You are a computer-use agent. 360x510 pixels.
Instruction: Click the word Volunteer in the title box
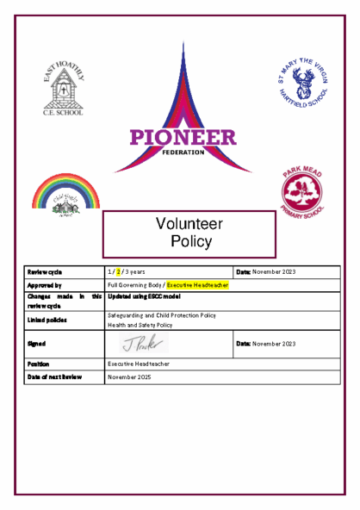click(x=189, y=223)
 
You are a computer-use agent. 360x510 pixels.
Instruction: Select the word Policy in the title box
click(x=190, y=241)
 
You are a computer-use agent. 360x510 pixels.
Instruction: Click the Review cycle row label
click(x=44, y=271)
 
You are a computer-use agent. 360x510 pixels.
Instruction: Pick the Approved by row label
click(x=44, y=284)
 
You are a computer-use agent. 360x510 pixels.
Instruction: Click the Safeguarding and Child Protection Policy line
click(x=161, y=315)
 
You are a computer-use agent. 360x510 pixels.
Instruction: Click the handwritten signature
click(x=137, y=345)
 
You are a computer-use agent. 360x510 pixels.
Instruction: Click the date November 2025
click(x=130, y=377)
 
